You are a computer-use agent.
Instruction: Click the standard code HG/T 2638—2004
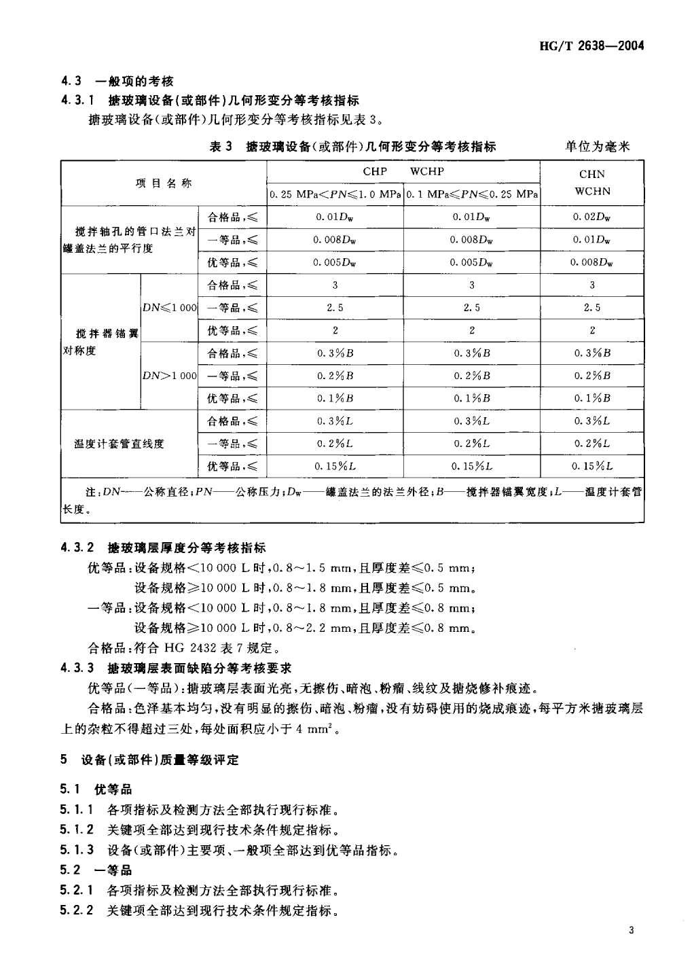(591, 46)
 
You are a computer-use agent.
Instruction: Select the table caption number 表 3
(221, 146)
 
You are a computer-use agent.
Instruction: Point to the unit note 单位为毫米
(598, 146)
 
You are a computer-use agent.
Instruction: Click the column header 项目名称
(164, 183)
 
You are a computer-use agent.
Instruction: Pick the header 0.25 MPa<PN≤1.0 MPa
(335, 194)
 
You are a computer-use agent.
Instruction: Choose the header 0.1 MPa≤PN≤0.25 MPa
(472, 194)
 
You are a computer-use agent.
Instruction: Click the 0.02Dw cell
(592, 217)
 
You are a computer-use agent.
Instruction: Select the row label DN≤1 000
(169, 308)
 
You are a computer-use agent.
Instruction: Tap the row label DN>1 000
(169, 376)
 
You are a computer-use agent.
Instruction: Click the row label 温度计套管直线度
(120, 444)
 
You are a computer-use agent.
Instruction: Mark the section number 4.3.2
(77, 548)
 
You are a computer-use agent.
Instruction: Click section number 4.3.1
(77, 101)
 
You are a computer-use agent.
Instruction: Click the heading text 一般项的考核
(134, 82)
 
